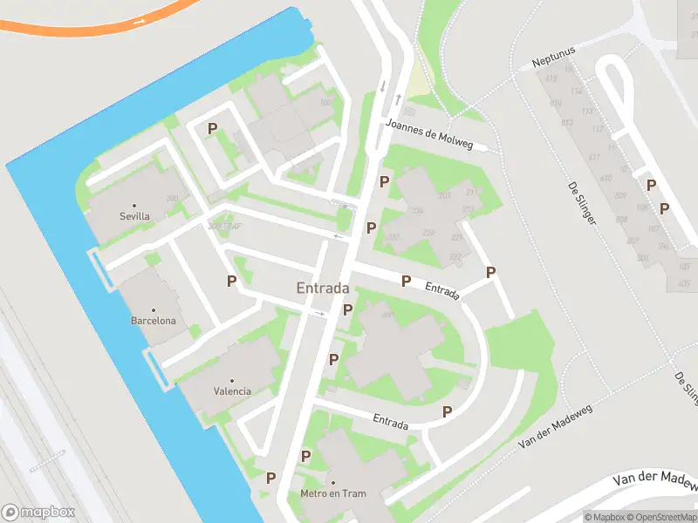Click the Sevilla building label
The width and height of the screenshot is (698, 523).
click(x=134, y=216)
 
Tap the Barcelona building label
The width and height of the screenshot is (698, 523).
click(x=154, y=321)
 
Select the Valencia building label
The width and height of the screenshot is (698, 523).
click(x=232, y=391)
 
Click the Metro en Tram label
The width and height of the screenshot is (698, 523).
click(x=332, y=494)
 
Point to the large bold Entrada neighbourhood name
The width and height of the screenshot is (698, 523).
click(x=323, y=288)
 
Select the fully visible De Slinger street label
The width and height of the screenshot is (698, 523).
click(x=582, y=204)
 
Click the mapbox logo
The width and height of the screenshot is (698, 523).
click(x=38, y=512)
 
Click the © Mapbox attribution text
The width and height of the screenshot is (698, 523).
click(x=604, y=517)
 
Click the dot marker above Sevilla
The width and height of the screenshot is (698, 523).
click(x=134, y=205)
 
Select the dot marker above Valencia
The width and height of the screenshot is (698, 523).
click(x=232, y=381)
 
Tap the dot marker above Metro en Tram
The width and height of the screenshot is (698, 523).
click(x=332, y=483)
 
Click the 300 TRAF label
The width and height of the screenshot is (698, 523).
click(x=224, y=227)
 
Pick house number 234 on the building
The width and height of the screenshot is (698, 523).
click(x=417, y=211)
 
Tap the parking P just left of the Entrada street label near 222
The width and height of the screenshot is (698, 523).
click(x=406, y=281)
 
